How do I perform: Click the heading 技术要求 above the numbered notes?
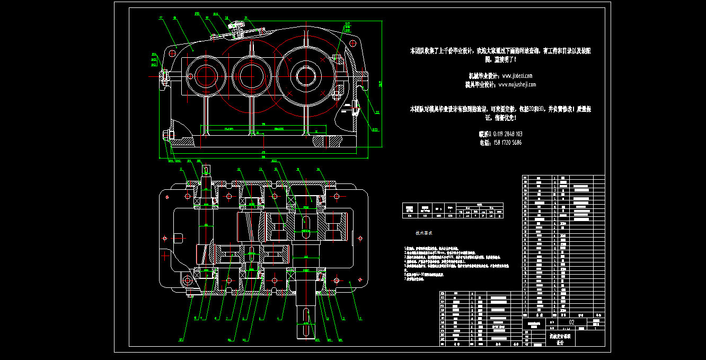point(423,233)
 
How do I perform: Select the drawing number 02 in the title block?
point(571,322)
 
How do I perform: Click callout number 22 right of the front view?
point(377,112)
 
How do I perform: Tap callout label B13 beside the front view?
point(374,129)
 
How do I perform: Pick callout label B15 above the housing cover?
point(197,14)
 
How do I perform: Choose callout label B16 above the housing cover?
point(216,14)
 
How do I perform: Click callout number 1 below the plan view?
point(361,319)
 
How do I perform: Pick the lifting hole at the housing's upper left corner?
point(173,53)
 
